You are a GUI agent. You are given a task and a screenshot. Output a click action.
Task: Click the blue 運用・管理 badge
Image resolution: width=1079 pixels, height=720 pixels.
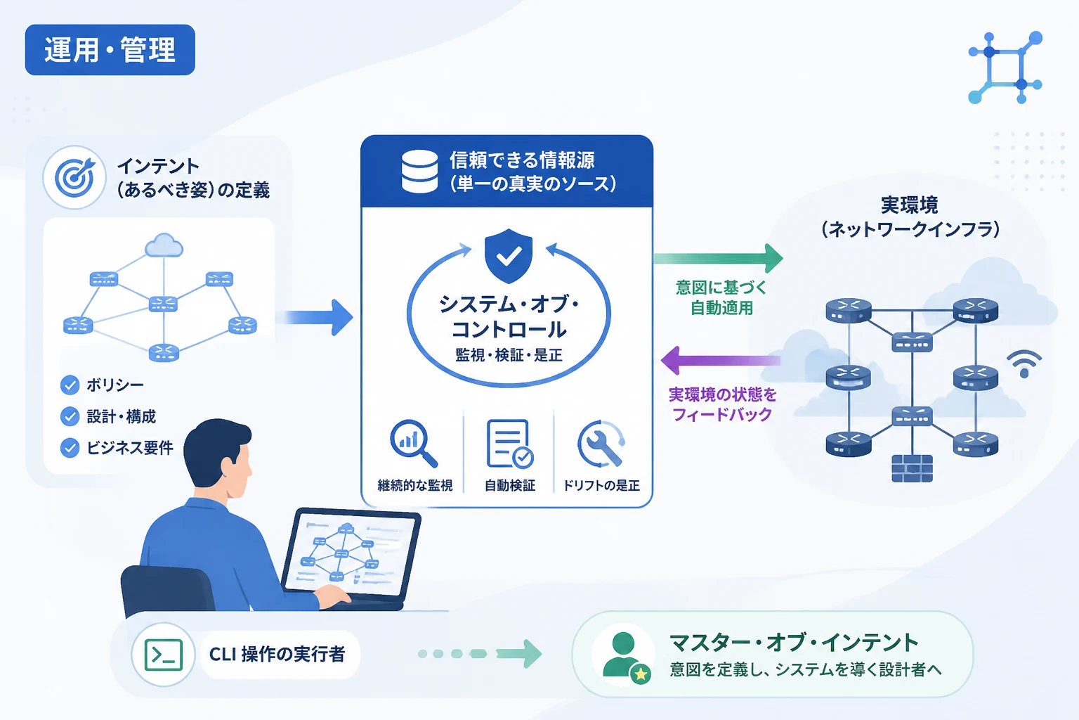tap(110, 50)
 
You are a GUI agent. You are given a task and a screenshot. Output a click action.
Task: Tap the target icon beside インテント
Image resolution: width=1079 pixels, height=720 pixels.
tap(74, 177)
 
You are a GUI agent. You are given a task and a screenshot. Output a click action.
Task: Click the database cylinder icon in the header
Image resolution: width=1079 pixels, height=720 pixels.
tap(419, 172)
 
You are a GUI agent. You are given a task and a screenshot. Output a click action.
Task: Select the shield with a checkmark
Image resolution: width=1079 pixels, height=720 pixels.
tap(509, 256)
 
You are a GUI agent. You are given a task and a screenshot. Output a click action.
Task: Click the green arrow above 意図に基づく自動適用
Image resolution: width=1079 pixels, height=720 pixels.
tap(718, 259)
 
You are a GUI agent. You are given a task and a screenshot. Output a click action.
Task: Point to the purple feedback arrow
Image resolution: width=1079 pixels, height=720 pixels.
tap(721, 360)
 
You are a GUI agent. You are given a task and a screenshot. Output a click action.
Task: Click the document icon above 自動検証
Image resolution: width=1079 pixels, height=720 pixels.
tap(509, 444)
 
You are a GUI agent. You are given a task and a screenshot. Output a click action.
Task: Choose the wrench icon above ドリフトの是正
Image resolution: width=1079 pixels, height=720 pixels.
tap(601, 444)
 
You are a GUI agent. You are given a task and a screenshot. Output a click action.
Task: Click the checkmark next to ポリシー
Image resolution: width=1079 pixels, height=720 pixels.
tap(70, 385)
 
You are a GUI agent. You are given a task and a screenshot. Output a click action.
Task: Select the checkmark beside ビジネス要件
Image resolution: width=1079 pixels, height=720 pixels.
tap(70, 448)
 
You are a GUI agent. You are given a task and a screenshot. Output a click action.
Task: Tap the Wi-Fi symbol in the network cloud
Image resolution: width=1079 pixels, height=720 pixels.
tap(1024, 364)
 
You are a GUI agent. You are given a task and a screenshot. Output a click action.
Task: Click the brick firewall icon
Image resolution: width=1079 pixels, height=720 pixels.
tap(912, 468)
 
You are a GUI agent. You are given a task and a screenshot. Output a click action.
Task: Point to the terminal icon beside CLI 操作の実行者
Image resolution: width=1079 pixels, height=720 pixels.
tap(163, 655)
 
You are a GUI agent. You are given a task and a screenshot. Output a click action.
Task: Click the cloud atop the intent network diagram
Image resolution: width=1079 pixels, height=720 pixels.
tap(164, 245)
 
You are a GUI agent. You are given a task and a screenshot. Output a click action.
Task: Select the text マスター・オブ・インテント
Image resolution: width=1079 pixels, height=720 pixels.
tap(794, 643)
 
